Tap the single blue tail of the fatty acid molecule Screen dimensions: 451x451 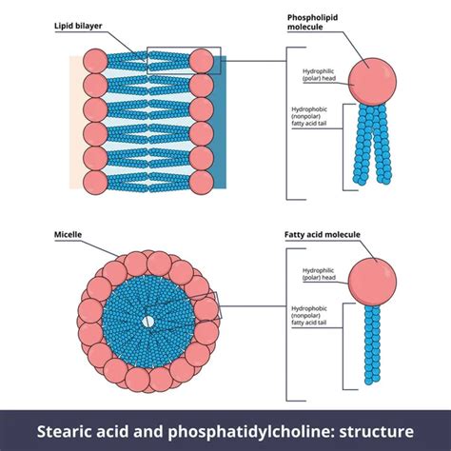point(368,347)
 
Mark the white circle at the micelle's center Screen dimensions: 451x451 point(147,323)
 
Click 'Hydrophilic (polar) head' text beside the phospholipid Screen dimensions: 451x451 point(317,76)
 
